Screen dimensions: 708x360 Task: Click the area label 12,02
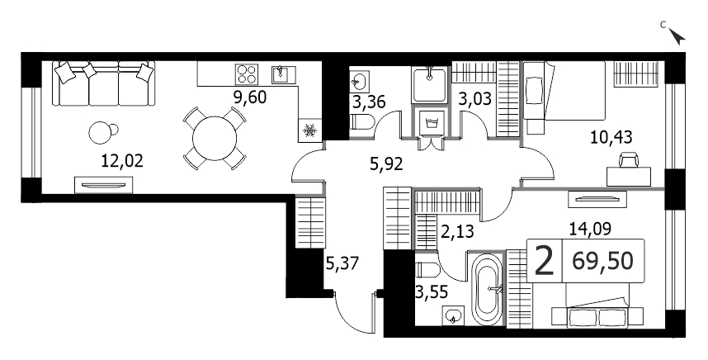[x=122, y=161]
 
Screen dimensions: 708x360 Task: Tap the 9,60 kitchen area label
[x=246, y=97]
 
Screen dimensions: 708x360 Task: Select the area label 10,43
[x=611, y=136]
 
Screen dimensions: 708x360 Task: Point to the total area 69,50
[x=603, y=261]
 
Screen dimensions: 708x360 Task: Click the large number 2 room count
[x=544, y=261]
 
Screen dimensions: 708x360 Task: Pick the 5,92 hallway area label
[x=385, y=165]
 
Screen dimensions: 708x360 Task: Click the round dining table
[x=215, y=138]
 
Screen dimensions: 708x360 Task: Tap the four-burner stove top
[x=246, y=74]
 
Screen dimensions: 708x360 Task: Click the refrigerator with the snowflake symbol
[x=309, y=131]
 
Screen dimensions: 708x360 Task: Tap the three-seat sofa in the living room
[x=104, y=84]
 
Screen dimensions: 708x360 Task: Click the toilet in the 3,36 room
[x=362, y=122]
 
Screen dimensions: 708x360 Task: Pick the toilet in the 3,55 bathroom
[x=427, y=270]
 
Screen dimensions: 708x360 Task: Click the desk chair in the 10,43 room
[x=629, y=159]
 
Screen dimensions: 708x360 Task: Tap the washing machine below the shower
[x=430, y=121]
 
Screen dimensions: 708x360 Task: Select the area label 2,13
[x=458, y=231]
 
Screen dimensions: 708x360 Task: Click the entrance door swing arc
[x=348, y=321]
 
